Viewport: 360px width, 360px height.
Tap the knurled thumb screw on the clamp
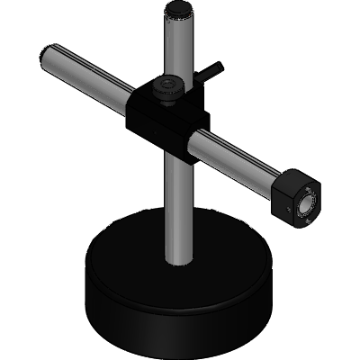coord(168,88)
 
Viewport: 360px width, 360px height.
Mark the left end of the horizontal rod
coord(46,55)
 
